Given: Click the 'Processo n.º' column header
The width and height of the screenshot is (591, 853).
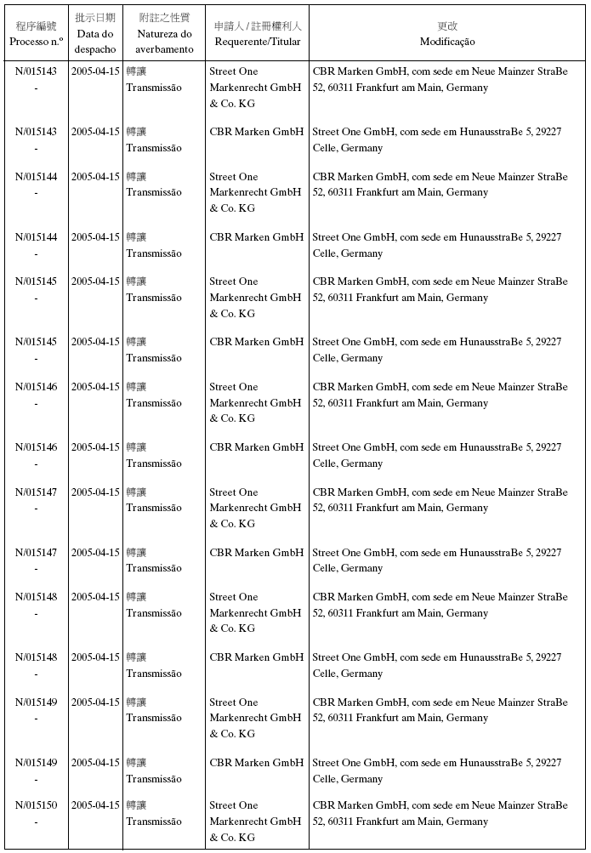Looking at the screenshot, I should pyautogui.click(x=37, y=42).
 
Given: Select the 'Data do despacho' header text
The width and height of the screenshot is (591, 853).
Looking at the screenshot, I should pyautogui.click(x=94, y=42).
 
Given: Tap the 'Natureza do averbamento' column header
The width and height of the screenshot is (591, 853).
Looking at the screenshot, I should pyautogui.click(x=164, y=42).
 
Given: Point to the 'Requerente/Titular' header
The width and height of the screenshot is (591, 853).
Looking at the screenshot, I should pyautogui.click(x=257, y=42).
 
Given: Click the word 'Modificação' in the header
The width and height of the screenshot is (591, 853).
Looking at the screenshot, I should pyautogui.click(x=447, y=42).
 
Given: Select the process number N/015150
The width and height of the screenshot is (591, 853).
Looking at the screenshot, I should pyautogui.click(x=37, y=805).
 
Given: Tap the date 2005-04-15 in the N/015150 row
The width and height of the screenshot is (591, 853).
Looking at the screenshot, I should pyautogui.click(x=95, y=805).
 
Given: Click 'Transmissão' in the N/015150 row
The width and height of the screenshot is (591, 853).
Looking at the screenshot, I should pyautogui.click(x=154, y=822).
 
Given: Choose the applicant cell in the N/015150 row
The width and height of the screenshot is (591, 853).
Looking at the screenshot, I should pyautogui.click(x=255, y=822).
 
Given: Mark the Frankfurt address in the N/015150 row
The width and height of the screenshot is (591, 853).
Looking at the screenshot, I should pyautogui.click(x=440, y=814).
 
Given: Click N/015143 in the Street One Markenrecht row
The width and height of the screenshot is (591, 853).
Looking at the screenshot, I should pyautogui.click(x=37, y=71).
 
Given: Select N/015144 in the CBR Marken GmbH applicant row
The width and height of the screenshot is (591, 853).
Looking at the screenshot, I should pyautogui.click(x=37, y=237).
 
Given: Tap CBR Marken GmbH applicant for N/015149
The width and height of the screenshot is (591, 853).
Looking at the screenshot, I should pyautogui.click(x=257, y=763).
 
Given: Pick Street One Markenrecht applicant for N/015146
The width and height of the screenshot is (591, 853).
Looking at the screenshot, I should pyautogui.click(x=255, y=403).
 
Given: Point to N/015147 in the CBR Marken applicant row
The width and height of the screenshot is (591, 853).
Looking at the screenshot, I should pyautogui.click(x=37, y=553).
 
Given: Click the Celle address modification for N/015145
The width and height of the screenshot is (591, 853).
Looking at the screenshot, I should pyautogui.click(x=437, y=350).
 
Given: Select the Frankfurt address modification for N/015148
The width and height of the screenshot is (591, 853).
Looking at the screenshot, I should pyautogui.click(x=440, y=605).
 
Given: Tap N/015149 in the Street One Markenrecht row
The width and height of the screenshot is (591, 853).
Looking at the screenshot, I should pyautogui.click(x=37, y=702).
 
